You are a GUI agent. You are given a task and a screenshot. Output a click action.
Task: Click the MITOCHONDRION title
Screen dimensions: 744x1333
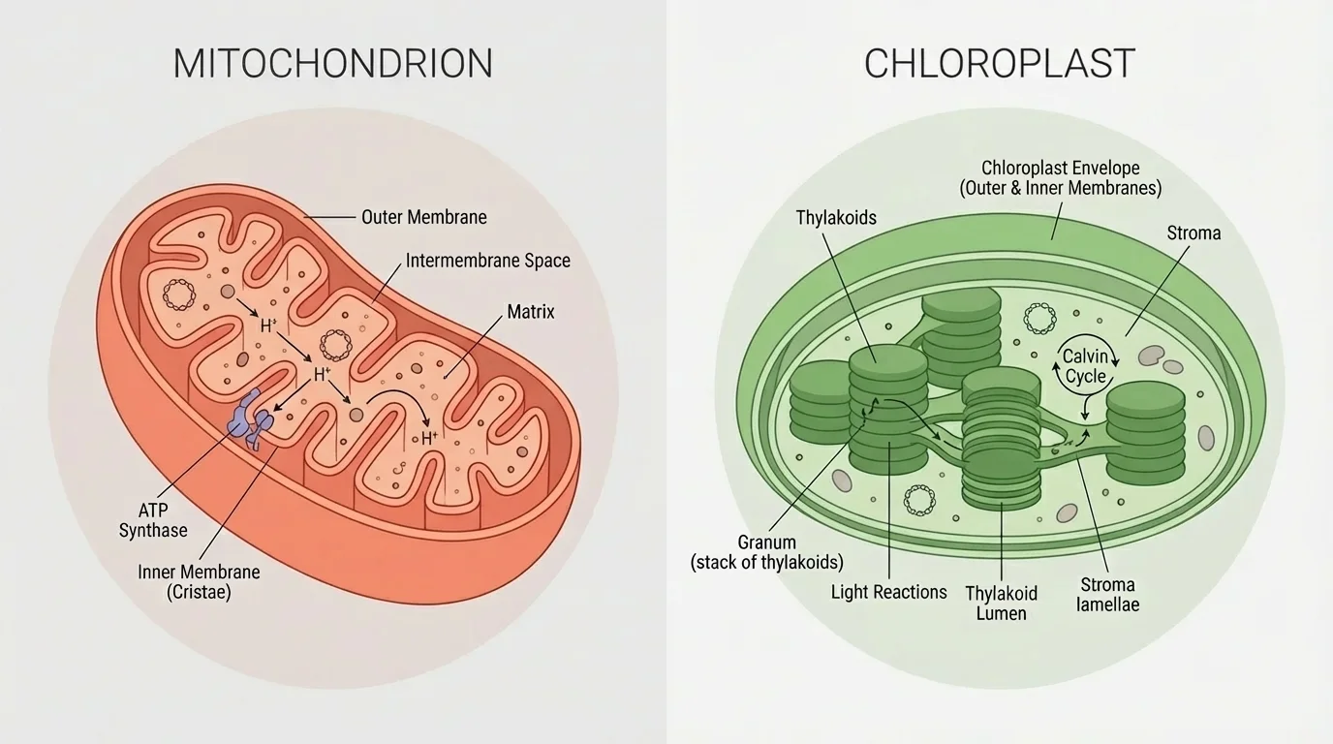[332, 64]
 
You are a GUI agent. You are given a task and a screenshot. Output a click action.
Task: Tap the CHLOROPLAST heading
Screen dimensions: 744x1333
[999, 64]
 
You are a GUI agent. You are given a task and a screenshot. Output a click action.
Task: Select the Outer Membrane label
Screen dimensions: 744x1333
[423, 217]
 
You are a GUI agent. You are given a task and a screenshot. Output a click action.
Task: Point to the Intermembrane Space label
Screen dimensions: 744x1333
[487, 261]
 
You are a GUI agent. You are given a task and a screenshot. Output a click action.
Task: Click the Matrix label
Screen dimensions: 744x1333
[530, 312]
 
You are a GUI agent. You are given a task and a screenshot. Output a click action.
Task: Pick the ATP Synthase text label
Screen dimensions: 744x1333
[153, 520]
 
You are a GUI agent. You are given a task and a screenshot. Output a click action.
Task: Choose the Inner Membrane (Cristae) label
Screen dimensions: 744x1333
[199, 581]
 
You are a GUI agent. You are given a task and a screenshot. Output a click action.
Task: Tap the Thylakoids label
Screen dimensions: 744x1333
[836, 217]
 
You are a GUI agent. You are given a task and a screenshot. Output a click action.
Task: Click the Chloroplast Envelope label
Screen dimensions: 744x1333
[1060, 178]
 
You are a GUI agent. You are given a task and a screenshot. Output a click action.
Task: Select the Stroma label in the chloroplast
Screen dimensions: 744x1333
[1193, 233]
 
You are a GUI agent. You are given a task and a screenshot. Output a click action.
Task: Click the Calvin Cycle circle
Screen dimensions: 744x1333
[1086, 366]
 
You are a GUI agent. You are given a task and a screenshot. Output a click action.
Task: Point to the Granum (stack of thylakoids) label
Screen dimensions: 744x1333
[766, 552]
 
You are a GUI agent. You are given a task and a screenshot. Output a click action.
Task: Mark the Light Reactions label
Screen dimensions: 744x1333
[888, 591]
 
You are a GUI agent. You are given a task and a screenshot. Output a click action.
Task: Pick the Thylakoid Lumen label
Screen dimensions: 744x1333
[1002, 603]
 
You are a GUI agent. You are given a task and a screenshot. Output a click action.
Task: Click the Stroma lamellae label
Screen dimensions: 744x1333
[1107, 594]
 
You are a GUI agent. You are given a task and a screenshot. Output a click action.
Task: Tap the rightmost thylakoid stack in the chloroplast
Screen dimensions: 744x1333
[1146, 433]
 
